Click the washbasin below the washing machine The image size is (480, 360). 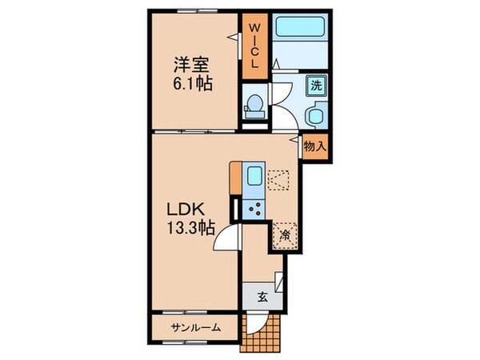(x=315, y=117)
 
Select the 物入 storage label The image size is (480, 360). (x=314, y=146)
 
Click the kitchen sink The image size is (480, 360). (x=254, y=178)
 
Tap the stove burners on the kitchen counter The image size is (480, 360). (x=257, y=209)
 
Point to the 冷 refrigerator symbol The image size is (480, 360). (x=284, y=234)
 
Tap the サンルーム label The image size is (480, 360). (x=194, y=329)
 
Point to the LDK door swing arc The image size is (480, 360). (x=227, y=236)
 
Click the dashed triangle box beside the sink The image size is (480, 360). (x=278, y=181)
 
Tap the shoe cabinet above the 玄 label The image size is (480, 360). (x=278, y=282)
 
